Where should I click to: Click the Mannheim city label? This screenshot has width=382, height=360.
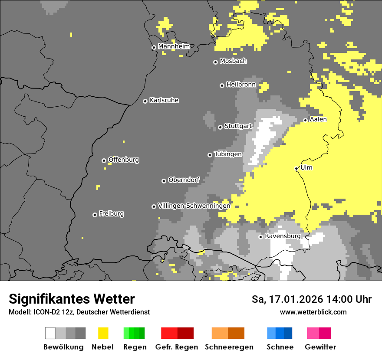click(x=174, y=46)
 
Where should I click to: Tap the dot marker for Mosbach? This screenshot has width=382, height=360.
click(x=215, y=62)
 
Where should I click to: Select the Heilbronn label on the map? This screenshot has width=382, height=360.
click(x=241, y=85)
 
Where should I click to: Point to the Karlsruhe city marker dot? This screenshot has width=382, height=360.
click(x=145, y=101)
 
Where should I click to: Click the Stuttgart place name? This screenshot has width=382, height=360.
click(x=238, y=126)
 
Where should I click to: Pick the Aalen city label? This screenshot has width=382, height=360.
click(x=318, y=119)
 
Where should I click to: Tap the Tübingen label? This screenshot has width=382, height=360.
click(x=228, y=154)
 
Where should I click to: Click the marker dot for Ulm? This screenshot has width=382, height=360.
click(x=296, y=168)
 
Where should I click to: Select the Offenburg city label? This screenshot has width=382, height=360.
click(x=124, y=160)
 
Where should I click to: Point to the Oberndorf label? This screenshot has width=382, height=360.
click(x=184, y=180)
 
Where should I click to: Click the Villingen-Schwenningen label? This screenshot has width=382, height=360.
click(x=194, y=206)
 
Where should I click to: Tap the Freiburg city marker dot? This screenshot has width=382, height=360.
click(x=95, y=215)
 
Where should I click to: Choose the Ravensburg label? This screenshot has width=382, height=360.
click(x=283, y=236)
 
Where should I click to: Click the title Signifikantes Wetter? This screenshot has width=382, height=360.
click(x=72, y=299)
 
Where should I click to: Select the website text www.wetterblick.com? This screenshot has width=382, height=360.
click(x=313, y=312)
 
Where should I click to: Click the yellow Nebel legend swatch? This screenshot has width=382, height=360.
click(x=103, y=333)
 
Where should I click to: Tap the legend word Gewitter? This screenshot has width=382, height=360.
click(x=320, y=347)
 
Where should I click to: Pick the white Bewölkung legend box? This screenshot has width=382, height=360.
click(x=50, y=333)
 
